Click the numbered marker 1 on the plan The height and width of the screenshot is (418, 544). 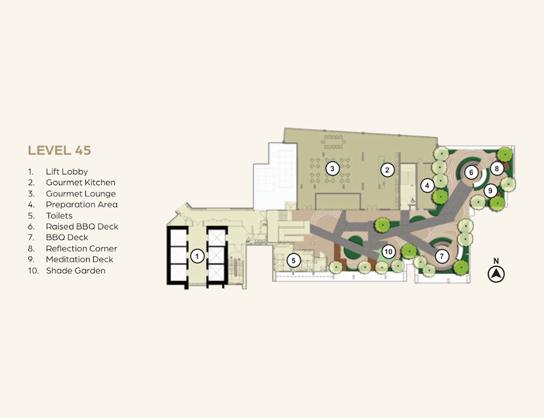coord(197,257)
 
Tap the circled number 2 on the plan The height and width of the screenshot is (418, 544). coord(387,170)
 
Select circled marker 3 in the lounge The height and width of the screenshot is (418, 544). coord(332,169)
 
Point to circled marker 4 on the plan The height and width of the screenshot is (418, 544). coord(427,185)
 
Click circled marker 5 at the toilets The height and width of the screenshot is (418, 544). coord(294,260)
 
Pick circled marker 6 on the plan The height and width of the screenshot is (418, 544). coord(471,172)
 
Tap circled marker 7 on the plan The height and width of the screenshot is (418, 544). coord(442,257)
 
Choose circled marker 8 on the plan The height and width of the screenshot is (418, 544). coord(497,169)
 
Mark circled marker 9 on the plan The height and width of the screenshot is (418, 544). coord(490,191)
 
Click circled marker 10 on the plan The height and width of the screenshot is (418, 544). coord(388,252)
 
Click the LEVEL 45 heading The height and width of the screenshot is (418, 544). coord(59,151)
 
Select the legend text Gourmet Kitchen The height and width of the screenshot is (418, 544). coord(81,182)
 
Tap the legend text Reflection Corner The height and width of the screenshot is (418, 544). coord(81,248)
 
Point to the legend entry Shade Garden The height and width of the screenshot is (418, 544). coord(76,271)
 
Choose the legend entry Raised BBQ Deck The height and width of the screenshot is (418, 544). coord(82,227)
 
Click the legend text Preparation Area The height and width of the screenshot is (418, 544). coord(82,204)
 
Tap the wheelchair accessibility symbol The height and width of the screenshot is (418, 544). coord(412,201)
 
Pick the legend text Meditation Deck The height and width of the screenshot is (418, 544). coord(79,260)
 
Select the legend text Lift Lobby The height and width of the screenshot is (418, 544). coord(66,172)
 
